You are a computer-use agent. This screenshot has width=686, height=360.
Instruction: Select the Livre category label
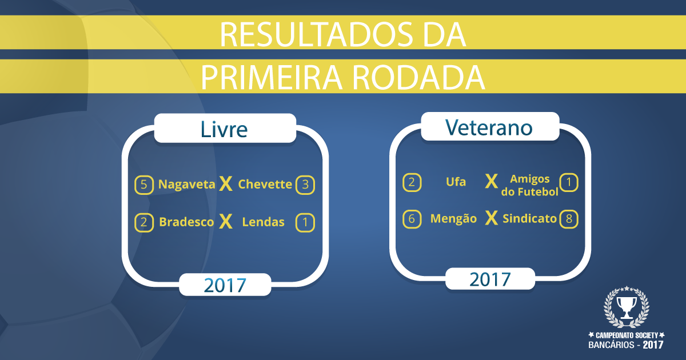click(x=224, y=129)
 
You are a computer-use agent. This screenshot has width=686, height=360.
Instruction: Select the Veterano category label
click(x=489, y=127)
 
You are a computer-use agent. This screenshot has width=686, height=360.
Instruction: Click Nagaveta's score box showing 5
click(x=144, y=185)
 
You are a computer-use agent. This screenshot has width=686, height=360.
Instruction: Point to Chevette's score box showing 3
click(x=305, y=185)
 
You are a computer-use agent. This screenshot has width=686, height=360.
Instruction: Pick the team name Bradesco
click(x=186, y=222)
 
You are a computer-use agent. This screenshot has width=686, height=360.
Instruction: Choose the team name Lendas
click(x=263, y=222)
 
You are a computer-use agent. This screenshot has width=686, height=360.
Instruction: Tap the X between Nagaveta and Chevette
click(x=226, y=183)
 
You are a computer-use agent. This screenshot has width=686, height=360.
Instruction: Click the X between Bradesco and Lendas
click(x=226, y=221)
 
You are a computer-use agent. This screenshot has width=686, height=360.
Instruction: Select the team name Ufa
click(x=456, y=182)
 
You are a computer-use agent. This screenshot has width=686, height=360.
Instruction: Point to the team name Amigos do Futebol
click(x=530, y=185)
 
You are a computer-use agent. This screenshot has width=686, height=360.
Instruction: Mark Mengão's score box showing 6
click(x=412, y=219)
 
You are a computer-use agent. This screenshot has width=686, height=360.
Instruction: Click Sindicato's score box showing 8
click(x=569, y=219)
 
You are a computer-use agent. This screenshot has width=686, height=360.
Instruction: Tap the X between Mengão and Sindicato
click(x=491, y=218)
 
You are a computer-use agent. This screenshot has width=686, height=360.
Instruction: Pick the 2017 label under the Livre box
click(x=225, y=285)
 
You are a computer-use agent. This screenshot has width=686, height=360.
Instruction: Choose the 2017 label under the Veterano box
click(x=490, y=279)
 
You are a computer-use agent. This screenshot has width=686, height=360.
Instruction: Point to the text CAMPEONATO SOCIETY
click(x=627, y=335)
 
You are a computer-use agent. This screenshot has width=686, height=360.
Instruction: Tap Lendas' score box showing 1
click(x=305, y=222)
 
